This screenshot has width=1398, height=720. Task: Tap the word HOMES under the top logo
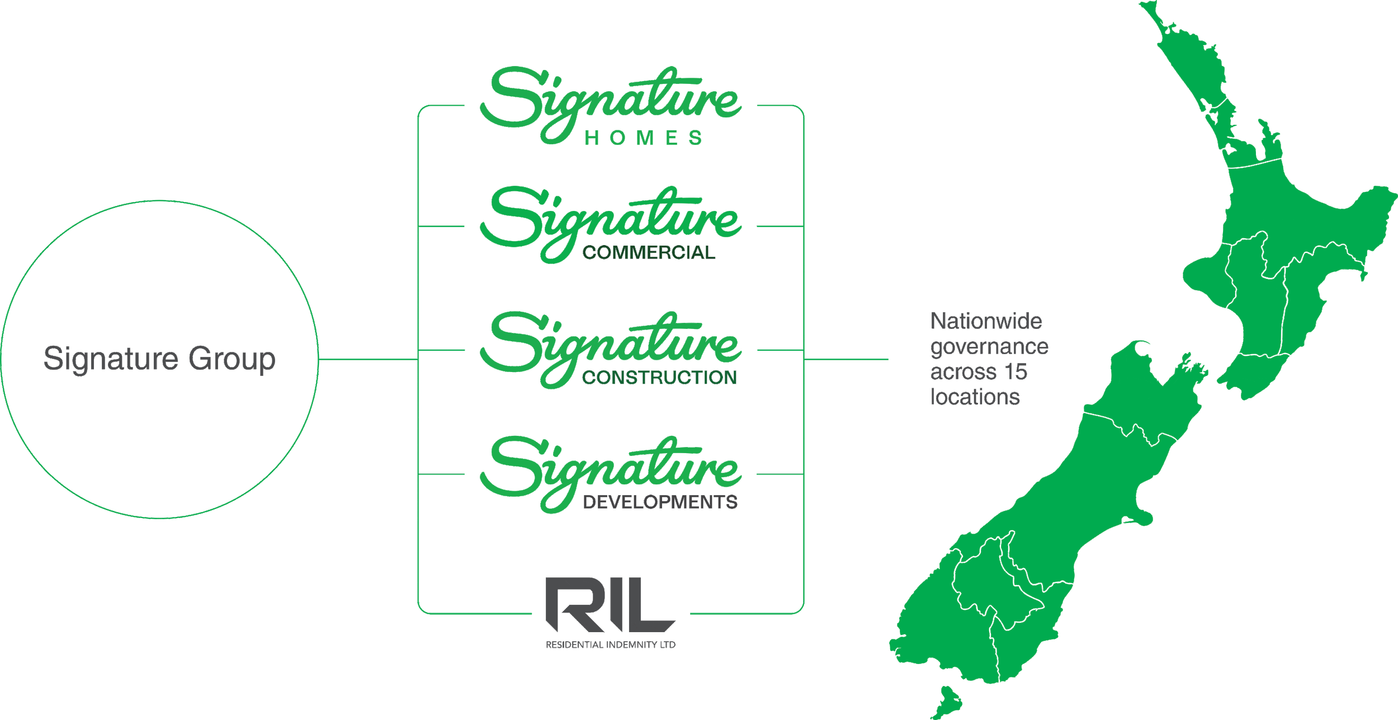pos(643,138)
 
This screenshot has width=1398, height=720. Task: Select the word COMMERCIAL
pos(649,253)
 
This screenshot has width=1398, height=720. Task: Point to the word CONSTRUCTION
pos(659,378)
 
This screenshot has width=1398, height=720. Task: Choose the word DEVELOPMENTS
pos(660,502)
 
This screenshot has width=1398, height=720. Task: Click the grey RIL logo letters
pos(610,605)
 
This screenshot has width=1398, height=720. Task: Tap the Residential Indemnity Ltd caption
pos(610,645)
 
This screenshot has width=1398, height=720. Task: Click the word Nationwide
pos(986,321)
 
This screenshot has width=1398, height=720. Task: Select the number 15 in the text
pos(1016,372)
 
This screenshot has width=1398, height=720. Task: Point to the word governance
pos(989,347)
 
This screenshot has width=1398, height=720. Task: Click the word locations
pos(975,397)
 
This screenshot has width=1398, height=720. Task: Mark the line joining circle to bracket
pos(368,359)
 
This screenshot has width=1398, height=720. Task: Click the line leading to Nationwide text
pos(846,359)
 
